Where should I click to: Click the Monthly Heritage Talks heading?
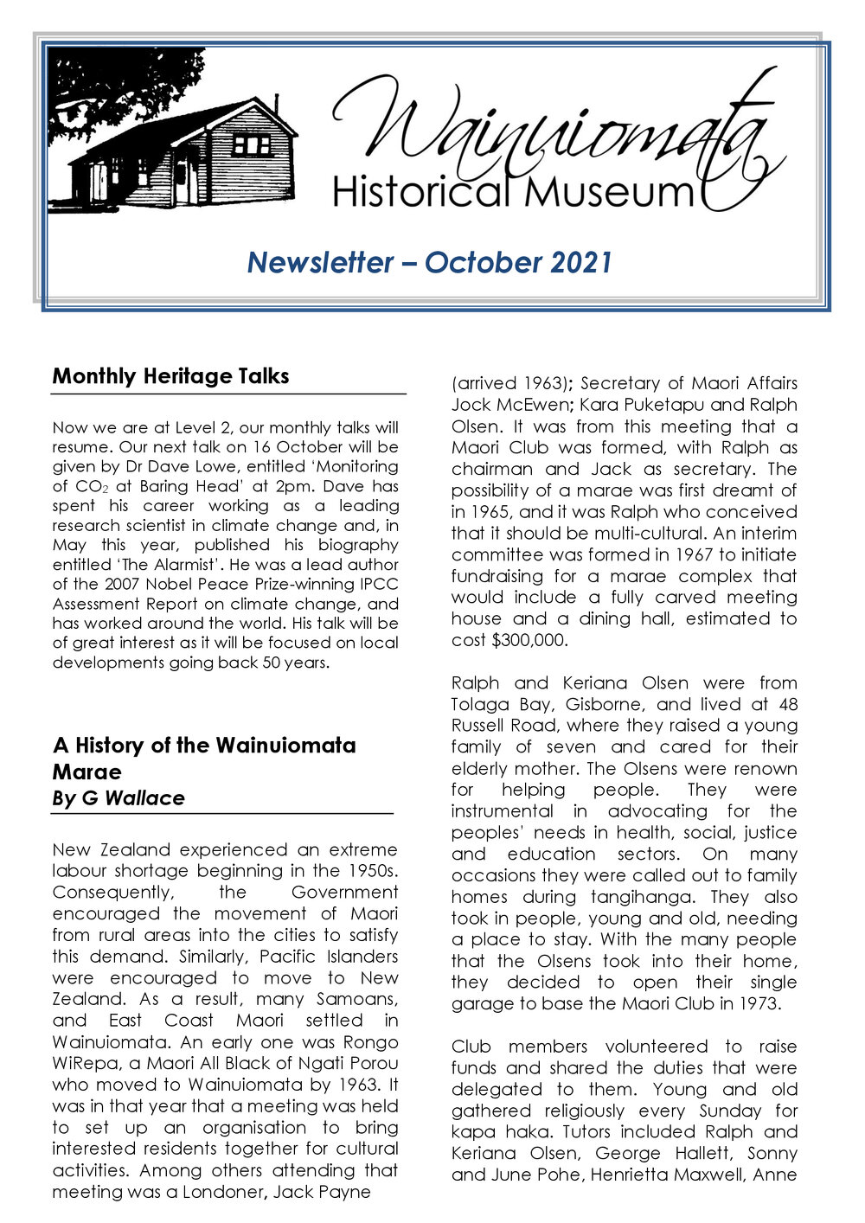click(170, 376)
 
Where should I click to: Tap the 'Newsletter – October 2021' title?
click(430, 262)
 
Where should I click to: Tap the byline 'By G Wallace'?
click(119, 797)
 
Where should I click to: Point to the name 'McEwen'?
click(525, 405)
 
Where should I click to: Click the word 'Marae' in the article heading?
click(86, 772)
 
